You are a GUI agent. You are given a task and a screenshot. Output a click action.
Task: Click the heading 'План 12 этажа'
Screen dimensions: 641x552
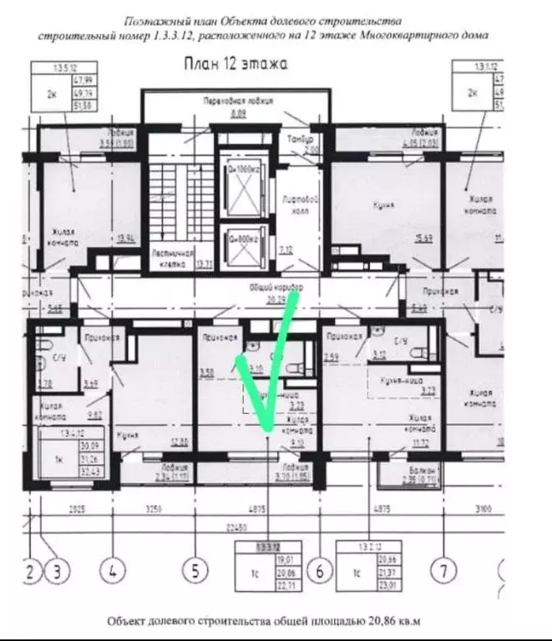(235, 63)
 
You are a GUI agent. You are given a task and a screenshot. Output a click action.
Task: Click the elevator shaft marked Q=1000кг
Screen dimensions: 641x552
(241, 183)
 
